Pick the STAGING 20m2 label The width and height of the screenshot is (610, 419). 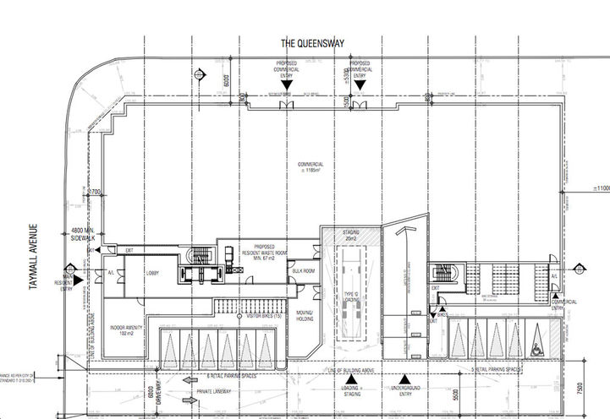tap(350, 235)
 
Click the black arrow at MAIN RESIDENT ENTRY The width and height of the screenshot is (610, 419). tap(77, 279)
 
